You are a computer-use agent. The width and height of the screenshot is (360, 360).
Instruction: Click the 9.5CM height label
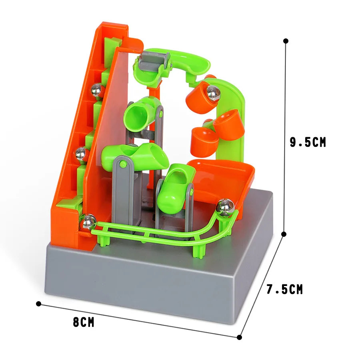pyautogui.click(x=308, y=142)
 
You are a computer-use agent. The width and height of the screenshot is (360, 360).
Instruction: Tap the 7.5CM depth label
pyautogui.click(x=285, y=289)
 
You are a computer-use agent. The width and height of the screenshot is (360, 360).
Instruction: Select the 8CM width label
pyautogui.click(x=84, y=322)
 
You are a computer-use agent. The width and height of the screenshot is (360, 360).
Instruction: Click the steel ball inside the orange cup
pyautogui.click(x=213, y=93)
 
